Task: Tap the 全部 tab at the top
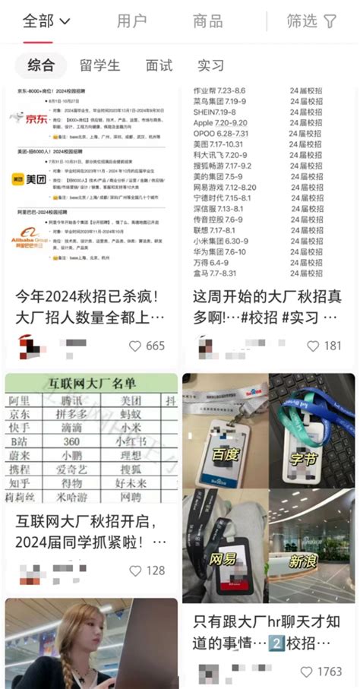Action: pyautogui.click(x=46, y=21)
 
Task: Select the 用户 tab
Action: pyautogui.click(x=131, y=21)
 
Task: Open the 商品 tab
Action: pyautogui.click(x=207, y=21)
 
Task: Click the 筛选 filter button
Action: pyautogui.click(x=311, y=21)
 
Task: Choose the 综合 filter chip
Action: pyautogui.click(x=41, y=65)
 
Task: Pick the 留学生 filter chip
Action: pyautogui.click(x=98, y=65)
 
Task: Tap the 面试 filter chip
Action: pyautogui.click(x=159, y=65)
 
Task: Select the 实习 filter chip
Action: pyautogui.click(x=211, y=65)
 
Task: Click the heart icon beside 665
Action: pyautogui.click(x=135, y=346)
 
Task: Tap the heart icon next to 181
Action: pyautogui.click(x=311, y=346)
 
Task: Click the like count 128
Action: pyautogui.click(x=155, y=570)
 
